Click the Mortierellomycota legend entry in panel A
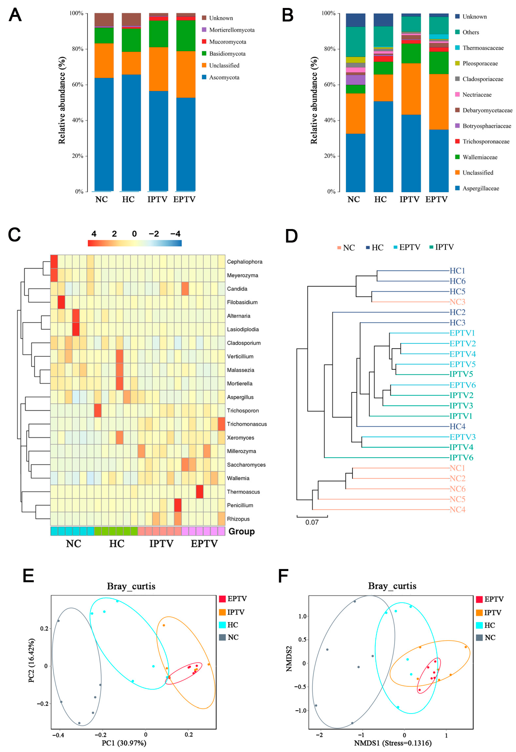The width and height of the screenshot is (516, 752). [232, 30]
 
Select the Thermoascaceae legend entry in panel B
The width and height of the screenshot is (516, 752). [483, 48]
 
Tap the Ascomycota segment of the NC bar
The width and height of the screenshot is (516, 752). [104, 134]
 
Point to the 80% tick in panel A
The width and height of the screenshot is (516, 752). [78, 49]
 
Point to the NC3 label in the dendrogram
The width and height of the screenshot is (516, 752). [457, 302]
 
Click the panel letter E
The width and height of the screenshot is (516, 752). [28, 576]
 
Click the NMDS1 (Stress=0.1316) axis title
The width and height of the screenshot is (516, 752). [393, 743]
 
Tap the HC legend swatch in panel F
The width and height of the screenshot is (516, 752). [479, 625]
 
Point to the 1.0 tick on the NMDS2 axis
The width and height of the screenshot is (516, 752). [302, 617]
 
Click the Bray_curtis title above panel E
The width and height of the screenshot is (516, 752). [131, 586]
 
